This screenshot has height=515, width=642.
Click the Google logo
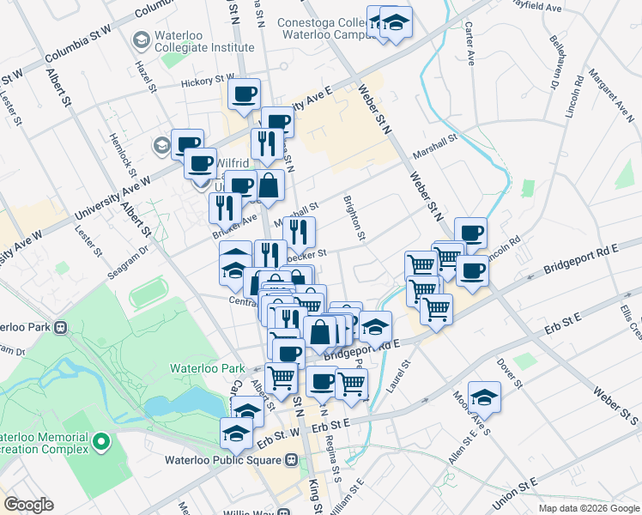coord(28,505)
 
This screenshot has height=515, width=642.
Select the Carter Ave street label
coord(470,45)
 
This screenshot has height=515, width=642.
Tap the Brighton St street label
coord(354,219)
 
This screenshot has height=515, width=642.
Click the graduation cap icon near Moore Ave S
coord(484,396)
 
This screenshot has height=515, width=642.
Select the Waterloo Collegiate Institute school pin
coord(142,39)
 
